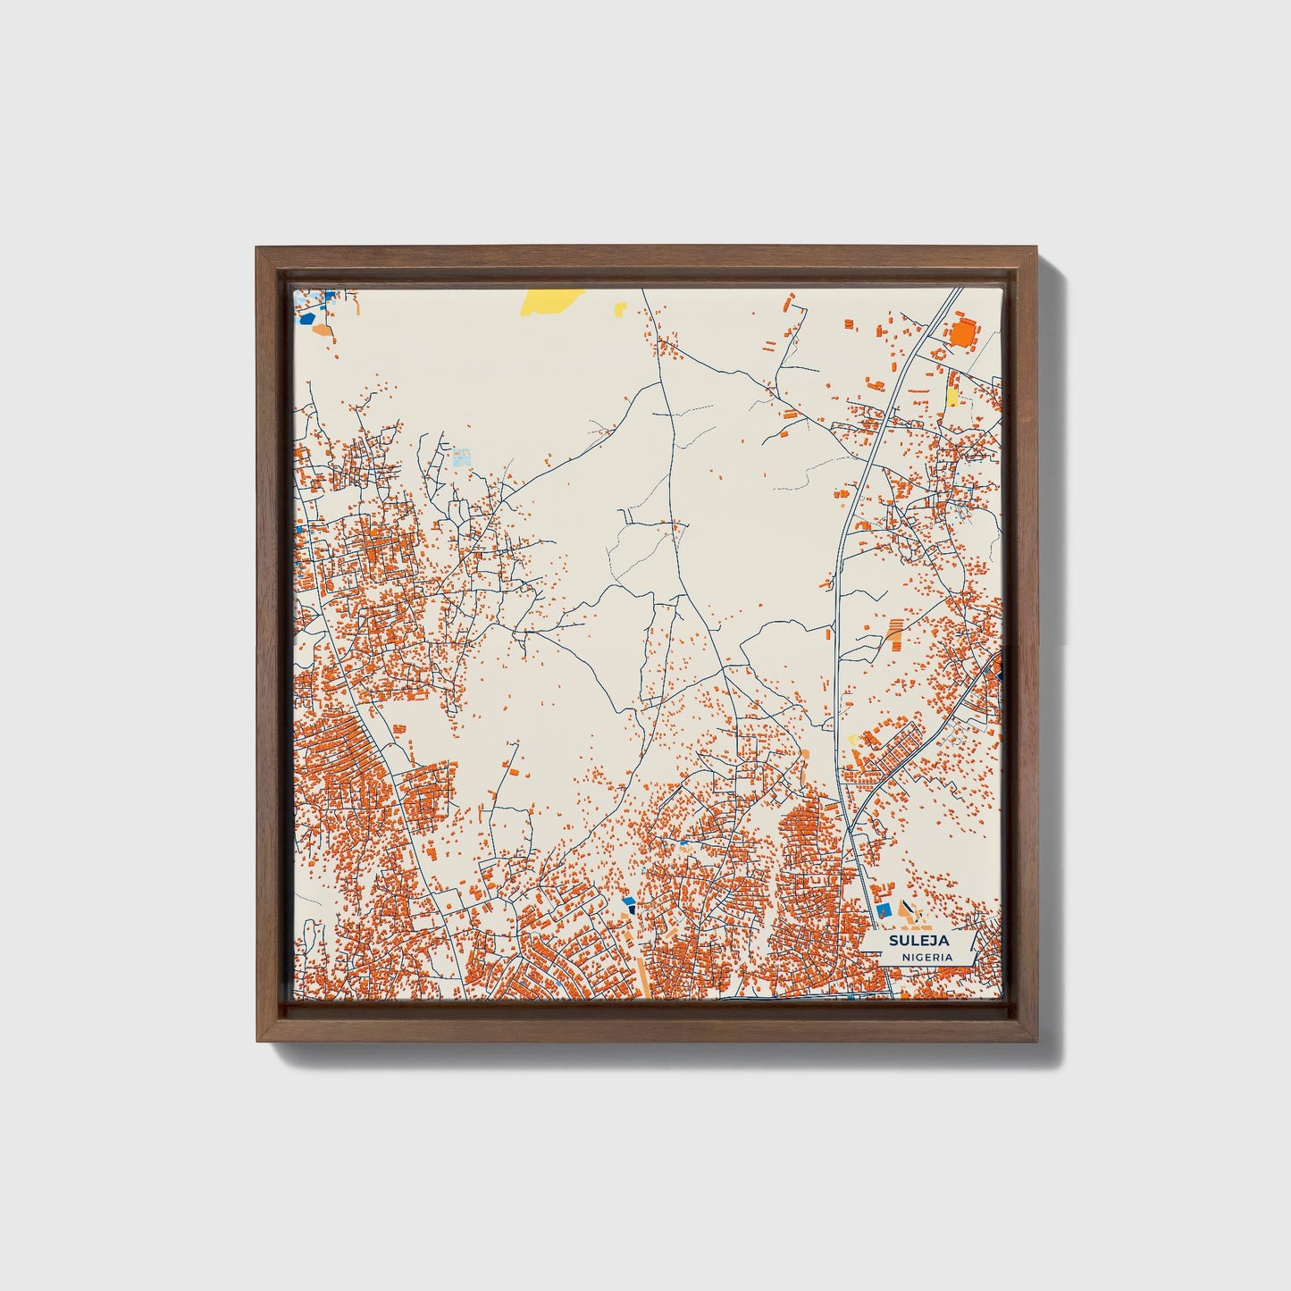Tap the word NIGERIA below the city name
pyautogui.click(x=926, y=957)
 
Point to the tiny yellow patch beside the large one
pyautogui.click(x=619, y=309)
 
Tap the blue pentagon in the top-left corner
pyautogui.click(x=308, y=316)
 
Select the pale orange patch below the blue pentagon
pyautogui.click(x=322, y=330)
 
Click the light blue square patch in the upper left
pyautogui.click(x=461, y=458)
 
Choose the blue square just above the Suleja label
pyautogui.click(x=884, y=910)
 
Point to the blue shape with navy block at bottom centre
pyautogui.click(x=629, y=904)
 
